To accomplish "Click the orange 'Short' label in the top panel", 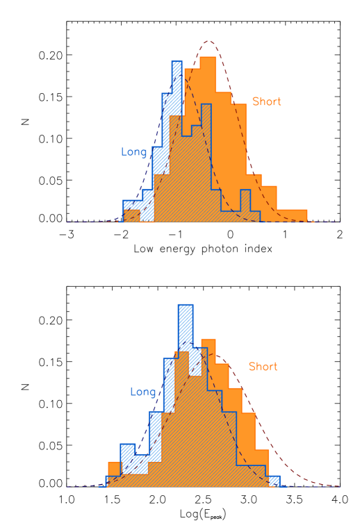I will [x=266, y=102].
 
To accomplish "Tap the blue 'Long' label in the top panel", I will [x=134, y=152].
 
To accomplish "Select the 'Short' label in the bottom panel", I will [x=263, y=367].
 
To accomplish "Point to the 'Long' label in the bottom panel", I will [x=142, y=392].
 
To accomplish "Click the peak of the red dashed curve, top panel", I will [x=208, y=42].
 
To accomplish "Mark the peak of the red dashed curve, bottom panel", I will [x=216, y=356].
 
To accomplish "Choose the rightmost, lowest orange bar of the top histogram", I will [x=292, y=215].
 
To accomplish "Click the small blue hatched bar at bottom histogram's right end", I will [x=275, y=481].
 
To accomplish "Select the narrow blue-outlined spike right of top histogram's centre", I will [x=245, y=201].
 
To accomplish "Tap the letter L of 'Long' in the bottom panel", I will [x=133, y=392].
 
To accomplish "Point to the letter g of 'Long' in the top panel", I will [x=143, y=154].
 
